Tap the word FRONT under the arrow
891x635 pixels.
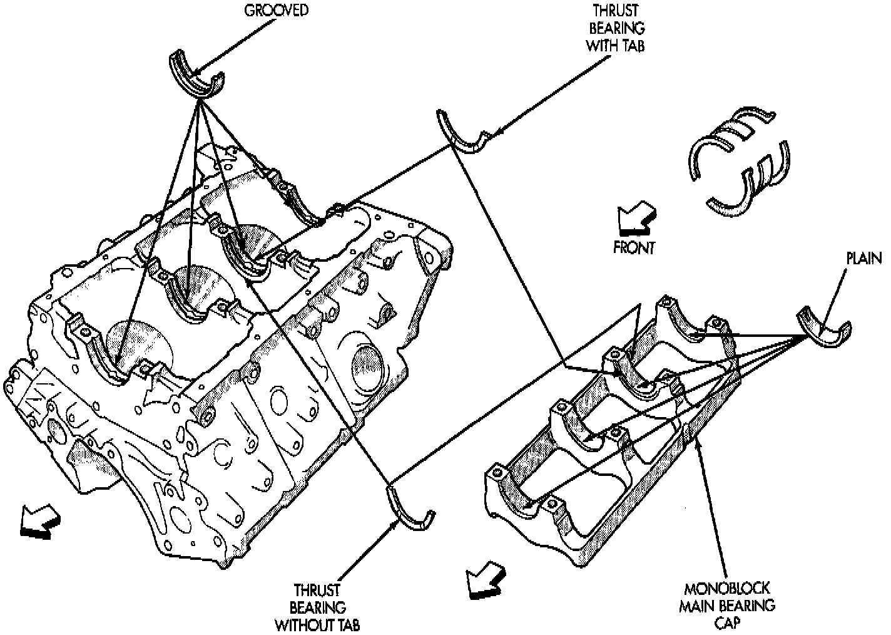click(x=634, y=247)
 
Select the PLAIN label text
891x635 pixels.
click(x=864, y=259)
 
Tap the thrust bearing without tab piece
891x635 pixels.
click(x=410, y=510)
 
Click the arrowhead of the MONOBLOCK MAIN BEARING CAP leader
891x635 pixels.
click(x=700, y=431)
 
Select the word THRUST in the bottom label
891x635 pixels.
click(x=318, y=591)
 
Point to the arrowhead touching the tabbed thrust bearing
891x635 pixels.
click(x=492, y=133)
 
